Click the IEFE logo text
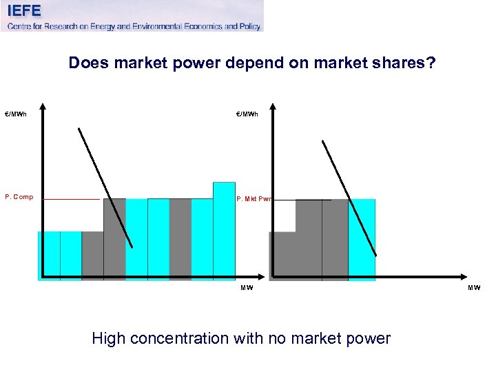pyautogui.click(x=24, y=10)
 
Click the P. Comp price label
pyautogui.click(x=19, y=197)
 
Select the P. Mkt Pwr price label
pyautogui.click(x=254, y=199)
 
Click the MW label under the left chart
pyautogui.click(x=247, y=288)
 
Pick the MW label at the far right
pyautogui.click(x=474, y=288)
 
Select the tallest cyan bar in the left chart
pyautogui.click(x=224, y=231)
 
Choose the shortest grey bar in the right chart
pyautogui.click(x=282, y=256)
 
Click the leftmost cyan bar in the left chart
pyautogui.click(x=49, y=256)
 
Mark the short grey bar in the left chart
pyautogui.click(x=92, y=256)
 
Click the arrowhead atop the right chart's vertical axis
pyautogui.click(x=273, y=107)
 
